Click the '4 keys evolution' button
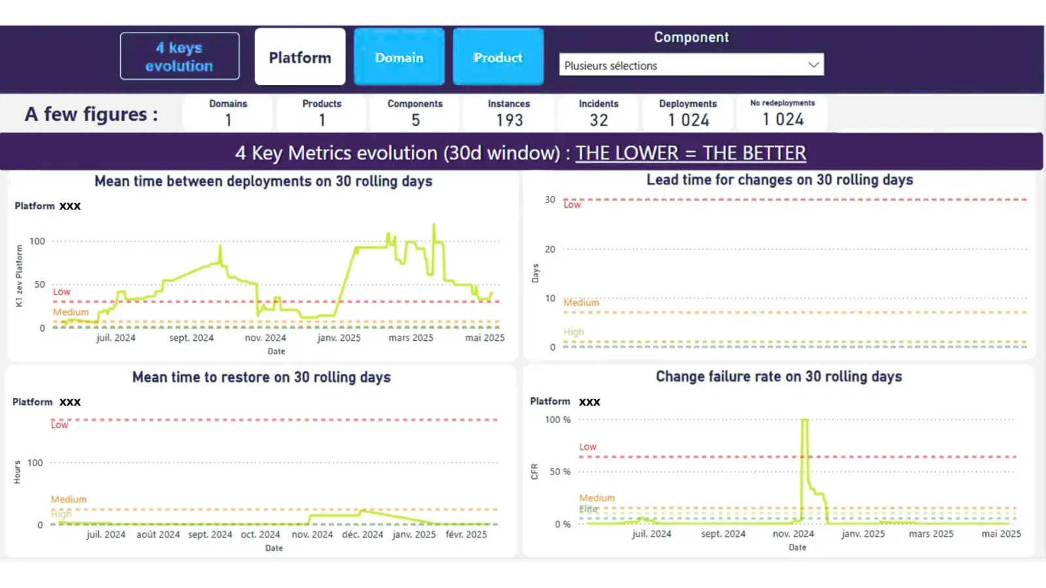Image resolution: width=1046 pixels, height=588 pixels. (179, 57)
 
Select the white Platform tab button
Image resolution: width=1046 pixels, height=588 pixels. (300, 57)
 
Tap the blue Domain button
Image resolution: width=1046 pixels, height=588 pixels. (399, 57)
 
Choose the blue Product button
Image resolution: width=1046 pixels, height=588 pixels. (498, 57)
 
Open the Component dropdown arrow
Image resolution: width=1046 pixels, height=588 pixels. (813, 65)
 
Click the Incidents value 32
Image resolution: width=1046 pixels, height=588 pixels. (598, 120)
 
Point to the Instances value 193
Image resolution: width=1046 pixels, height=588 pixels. (509, 120)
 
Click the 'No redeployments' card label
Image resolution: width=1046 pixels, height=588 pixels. (782, 103)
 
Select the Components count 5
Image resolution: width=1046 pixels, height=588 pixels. (415, 120)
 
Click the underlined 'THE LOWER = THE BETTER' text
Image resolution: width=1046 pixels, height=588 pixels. (690, 153)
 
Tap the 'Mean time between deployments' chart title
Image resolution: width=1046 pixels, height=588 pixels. (263, 181)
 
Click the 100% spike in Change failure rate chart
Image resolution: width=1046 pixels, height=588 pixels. (805, 421)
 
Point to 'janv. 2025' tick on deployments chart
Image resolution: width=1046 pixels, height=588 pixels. (339, 338)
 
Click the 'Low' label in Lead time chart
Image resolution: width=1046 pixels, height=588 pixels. (572, 205)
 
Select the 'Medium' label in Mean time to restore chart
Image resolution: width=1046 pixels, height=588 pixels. (69, 499)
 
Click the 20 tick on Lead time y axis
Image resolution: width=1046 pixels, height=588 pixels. (550, 249)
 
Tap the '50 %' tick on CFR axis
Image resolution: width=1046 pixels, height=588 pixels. (560, 472)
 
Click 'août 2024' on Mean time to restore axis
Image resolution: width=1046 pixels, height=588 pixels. (158, 534)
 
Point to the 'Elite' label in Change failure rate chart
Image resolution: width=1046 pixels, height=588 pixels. (588, 508)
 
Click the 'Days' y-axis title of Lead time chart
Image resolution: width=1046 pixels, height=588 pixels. (535, 273)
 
